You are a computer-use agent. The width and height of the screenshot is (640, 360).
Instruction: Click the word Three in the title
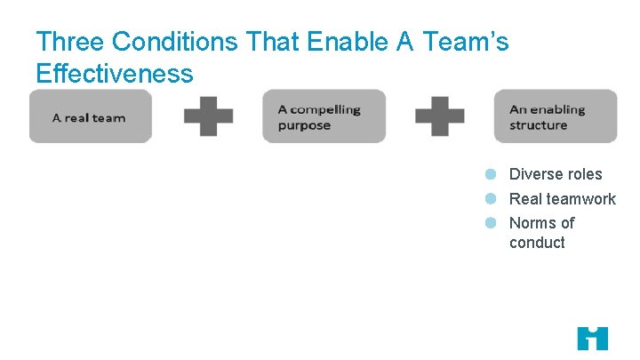(69, 42)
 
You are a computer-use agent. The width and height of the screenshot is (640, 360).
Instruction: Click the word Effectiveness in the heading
(114, 73)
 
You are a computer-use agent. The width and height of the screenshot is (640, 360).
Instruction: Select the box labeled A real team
(91, 116)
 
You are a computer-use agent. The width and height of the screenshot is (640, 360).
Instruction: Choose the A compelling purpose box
(324, 116)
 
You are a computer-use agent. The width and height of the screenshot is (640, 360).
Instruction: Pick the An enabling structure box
(556, 116)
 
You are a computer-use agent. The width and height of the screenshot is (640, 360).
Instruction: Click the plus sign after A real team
(208, 116)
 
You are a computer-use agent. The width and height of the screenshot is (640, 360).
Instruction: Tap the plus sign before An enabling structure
(440, 116)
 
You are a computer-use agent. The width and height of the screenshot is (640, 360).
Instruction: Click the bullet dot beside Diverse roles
(490, 174)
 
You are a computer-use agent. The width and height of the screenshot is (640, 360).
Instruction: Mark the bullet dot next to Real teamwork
(490, 198)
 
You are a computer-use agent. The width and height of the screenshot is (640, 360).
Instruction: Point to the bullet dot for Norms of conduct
(490, 222)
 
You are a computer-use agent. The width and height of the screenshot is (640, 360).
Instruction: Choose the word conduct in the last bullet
(537, 243)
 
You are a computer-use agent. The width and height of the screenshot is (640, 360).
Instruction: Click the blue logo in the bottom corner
(592, 338)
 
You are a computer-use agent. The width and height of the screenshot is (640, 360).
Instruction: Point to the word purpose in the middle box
(304, 125)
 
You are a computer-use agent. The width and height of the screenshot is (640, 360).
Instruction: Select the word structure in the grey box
(538, 125)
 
